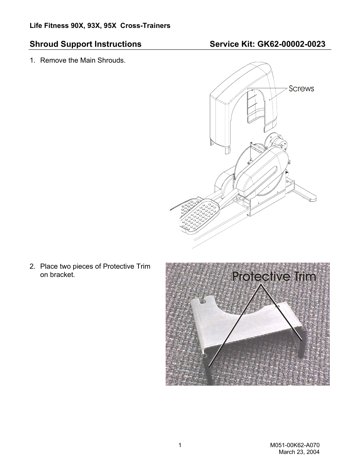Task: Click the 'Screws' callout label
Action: (x=301, y=89)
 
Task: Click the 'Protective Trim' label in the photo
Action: (x=274, y=277)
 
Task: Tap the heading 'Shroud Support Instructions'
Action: (x=86, y=44)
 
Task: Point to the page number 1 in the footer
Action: (x=180, y=446)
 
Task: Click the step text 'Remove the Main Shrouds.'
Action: (x=83, y=60)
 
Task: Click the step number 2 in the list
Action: (x=32, y=266)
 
